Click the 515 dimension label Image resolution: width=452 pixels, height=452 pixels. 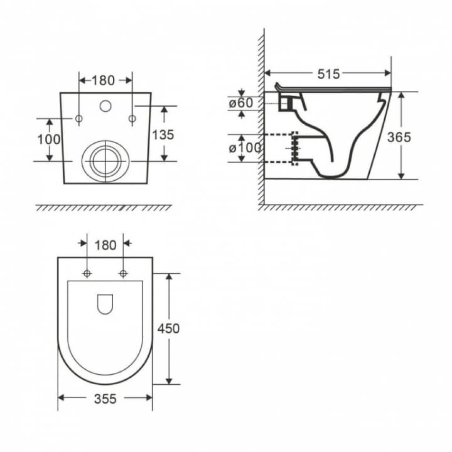329,74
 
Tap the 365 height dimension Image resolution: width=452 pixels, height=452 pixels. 399,137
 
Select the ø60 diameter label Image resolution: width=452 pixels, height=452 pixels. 241,103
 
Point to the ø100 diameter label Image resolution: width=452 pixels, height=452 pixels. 245,148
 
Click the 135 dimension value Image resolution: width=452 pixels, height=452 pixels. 163,135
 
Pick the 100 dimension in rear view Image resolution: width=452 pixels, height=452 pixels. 49,140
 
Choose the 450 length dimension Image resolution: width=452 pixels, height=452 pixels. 168,328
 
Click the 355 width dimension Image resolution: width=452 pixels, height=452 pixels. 105,399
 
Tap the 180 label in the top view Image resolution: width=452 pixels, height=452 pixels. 105,245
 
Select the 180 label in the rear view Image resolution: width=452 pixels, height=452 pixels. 103,81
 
